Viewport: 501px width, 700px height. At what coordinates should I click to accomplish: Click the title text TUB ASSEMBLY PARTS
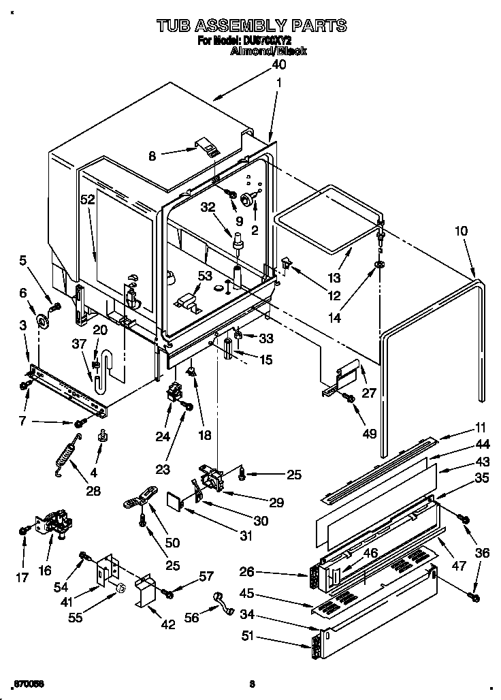pos(251,26)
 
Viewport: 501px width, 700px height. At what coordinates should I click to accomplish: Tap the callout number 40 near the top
pos(278,65)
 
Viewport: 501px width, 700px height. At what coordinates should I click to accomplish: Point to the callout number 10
pos(461,231)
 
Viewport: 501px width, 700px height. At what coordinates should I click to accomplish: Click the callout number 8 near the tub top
pos(152,156)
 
